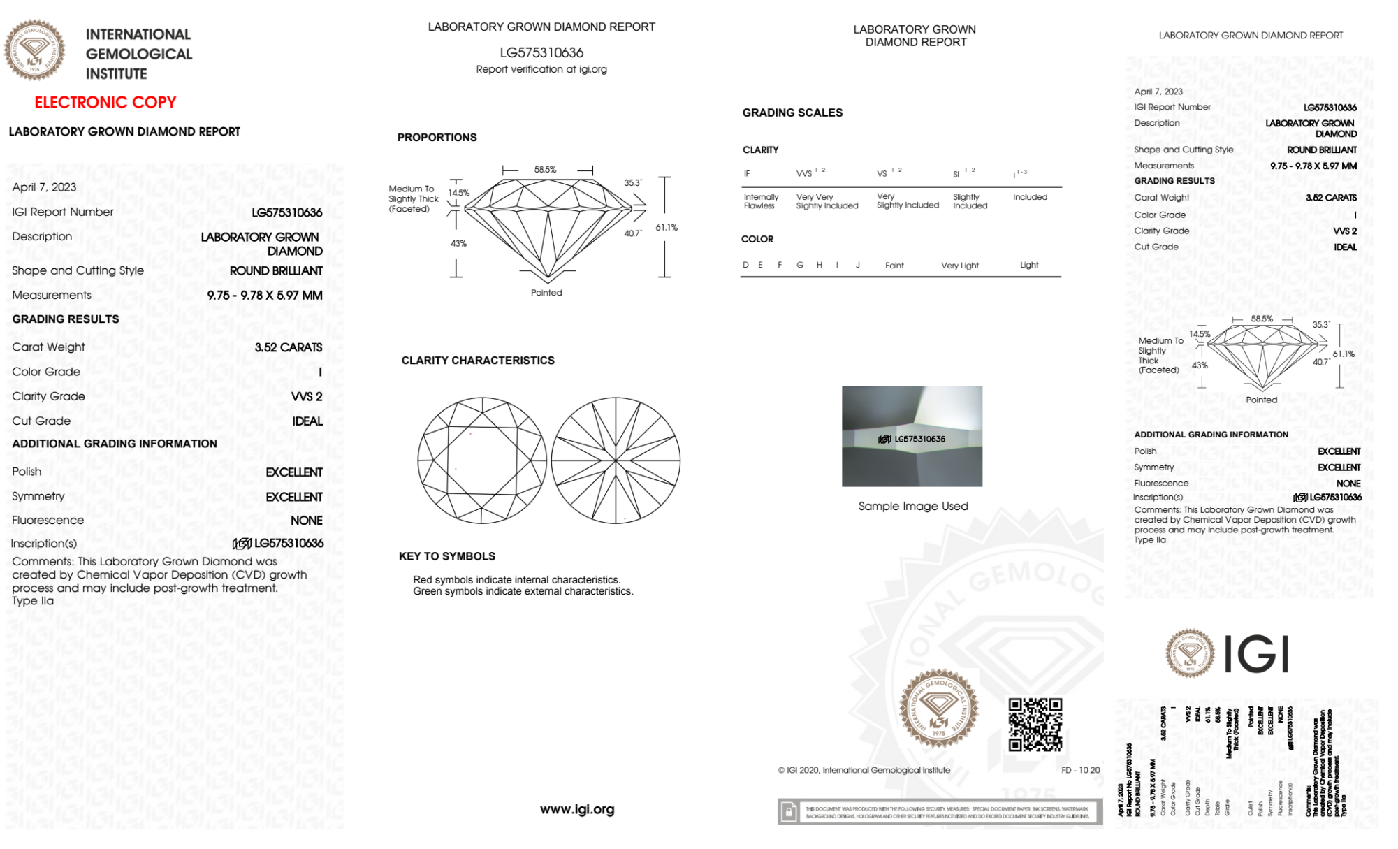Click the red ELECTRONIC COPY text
pyautogui.click(x=105, y=102)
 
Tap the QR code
pyautogui.click(x=1035, y=725)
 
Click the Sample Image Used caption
pyautogui.click(x=912, y=506)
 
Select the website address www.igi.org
pyautogui.click(x=577, y=809)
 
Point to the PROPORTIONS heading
pyautogui.click(x=437, y=137)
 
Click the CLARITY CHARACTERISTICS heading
pyautogui.click(x=478, y=360)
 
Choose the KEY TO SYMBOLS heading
pyautogui.click(x=447, y=556)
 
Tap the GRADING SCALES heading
pyautogui.click(x=792, y=113)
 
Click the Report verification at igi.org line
pyautogui.click(x=541, y=69)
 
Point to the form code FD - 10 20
pyautogui.click(x=1080, y=770)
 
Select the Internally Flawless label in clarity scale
pyautogui.click(x=760, y=201)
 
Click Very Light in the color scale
pyautogui.click(x=959, y=266)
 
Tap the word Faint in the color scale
pyautogui.click(x=894, y=266)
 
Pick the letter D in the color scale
pyautogui.click(x=745, y=265)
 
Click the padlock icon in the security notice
pyautogui.click(x=789, y=812)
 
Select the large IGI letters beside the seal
pyautogui.click(x=1257, y=655)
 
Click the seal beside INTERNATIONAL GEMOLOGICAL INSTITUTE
pyautogui.click(x=34, y=50)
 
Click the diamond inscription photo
pyautogui.click(x=912, y=436)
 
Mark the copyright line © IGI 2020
pyautogui.click(x=864, y=770)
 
